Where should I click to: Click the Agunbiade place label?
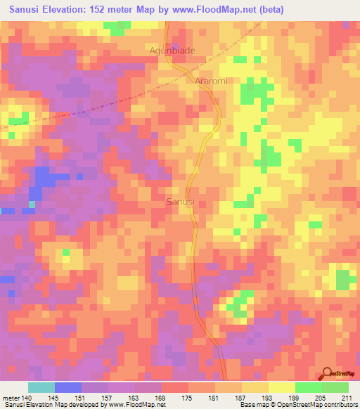coord(172,51)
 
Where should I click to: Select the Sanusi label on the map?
coord(180,202)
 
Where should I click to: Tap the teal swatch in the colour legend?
coord(41,387)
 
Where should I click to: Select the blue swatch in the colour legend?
coord(67,387)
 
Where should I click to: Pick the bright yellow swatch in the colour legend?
coord(282,387)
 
